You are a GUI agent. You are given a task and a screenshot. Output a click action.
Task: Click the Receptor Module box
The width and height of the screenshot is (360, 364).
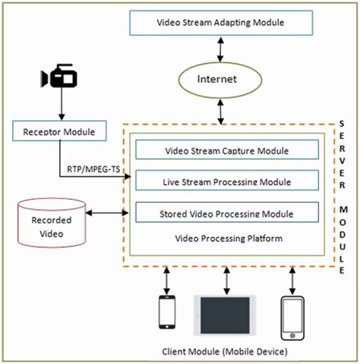point(56,132)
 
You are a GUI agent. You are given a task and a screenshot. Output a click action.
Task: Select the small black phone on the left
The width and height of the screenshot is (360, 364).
point(166,313)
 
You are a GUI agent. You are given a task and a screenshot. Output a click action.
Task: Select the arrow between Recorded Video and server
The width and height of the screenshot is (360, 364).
point(106,214)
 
